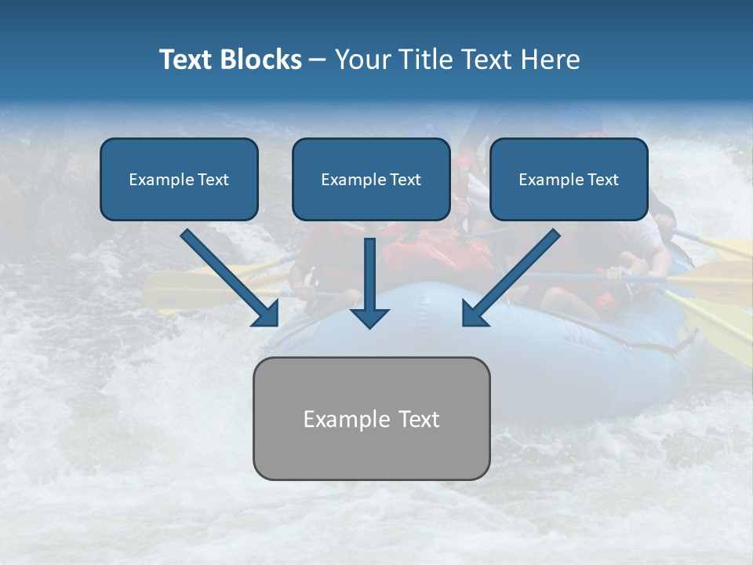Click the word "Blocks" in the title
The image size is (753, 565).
pyautogui.click(x=260, y=60)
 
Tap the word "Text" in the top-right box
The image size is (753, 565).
pyautogui.click(x=602, y=180)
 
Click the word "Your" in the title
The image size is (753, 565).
pyautogui.click(x=362, y=60)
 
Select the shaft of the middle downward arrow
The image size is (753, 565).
pyautogui.click(x=369, y=271)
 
